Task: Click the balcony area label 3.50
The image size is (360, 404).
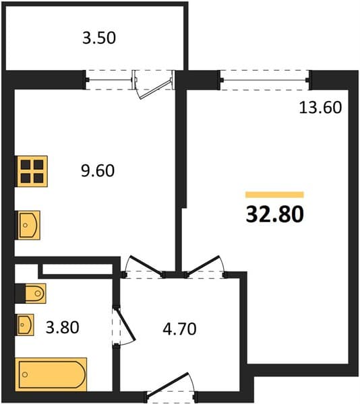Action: point(99,38)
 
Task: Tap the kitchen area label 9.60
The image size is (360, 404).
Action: point(98,170)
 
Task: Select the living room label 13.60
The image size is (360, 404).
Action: point(320,108)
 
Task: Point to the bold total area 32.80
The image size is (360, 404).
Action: point(275,214)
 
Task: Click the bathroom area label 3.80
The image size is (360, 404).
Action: point(63,327)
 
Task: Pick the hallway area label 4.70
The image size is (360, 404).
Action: point(179,329)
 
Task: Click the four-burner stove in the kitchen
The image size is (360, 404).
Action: point(32,171)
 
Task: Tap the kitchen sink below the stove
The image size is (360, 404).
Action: point(28,225)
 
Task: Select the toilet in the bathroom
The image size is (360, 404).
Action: point(35,293)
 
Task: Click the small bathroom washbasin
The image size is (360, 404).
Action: point(25,325)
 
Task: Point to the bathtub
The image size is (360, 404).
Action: point(51,374)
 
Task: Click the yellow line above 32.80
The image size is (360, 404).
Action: point(274,195)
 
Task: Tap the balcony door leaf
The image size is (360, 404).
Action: point(156,89)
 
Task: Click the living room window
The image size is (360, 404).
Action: point(265,80)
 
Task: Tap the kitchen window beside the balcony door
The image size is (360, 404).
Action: point(109,80)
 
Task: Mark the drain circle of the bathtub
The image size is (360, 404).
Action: point(25,374)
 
